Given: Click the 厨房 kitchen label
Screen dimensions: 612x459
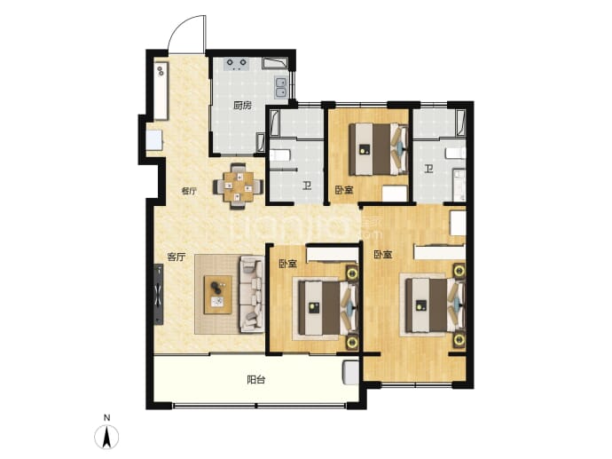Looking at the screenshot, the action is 242,105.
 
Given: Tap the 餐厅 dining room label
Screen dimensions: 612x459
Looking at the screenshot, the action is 189,191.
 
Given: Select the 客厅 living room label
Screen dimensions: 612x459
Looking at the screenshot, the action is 176,257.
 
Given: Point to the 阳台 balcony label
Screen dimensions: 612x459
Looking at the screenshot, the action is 256,379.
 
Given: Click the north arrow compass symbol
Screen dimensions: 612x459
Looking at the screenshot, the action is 106,437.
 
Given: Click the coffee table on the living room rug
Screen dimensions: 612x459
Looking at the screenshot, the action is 218,294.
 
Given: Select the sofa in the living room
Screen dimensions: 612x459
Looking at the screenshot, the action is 252,294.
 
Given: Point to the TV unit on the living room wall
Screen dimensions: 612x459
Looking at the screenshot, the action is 159,294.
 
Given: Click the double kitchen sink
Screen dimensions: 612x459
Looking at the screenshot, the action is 280,87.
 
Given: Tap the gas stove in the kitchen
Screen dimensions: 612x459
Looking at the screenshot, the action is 237,64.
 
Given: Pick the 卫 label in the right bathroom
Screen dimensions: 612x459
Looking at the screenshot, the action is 429,169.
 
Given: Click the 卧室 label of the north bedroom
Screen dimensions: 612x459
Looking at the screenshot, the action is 344,190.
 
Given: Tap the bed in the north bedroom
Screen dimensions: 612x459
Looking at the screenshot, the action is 378,149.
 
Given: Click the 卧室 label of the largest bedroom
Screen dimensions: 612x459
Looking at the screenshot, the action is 383,255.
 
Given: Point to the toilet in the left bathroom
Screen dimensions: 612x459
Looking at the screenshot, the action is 280,155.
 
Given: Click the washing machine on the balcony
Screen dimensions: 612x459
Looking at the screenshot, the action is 350,373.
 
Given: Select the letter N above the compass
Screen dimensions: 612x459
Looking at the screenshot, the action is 106,418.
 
